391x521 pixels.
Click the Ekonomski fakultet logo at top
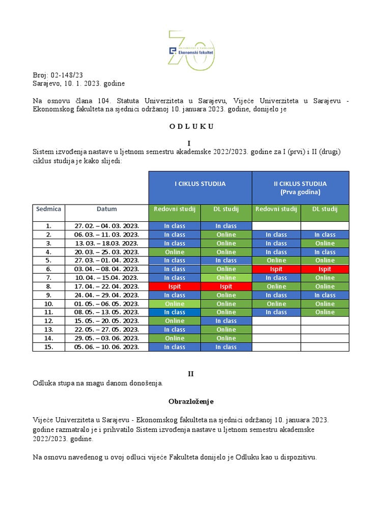(x=191, y=51)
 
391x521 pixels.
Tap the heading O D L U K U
(x=191, y=127)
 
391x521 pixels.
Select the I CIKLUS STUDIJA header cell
(x=200, y=184)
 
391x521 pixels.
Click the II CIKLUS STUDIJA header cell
(x=300, y=187)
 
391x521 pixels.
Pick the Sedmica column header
(x=49, y=209)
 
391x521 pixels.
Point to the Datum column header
(x=107, y=209)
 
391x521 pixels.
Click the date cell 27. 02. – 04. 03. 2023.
(x=107, y=226)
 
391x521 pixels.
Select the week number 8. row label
(x=49, y=286)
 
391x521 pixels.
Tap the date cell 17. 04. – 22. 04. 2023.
(x=107, y=286)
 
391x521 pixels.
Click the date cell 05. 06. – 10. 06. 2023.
(x=107, y=347)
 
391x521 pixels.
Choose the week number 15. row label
(x=49, y=347)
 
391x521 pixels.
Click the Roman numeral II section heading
(x=191, y=373)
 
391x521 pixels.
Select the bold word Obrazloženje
(x=191, y=401)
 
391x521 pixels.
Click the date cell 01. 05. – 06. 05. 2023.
(x=107, y=304)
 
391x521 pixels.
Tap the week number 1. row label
(x=49, y=226)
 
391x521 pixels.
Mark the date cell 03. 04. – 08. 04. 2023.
(x=107, y=269)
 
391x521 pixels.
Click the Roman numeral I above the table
(x=191, y=144)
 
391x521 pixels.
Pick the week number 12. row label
(x=49, y=321)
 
